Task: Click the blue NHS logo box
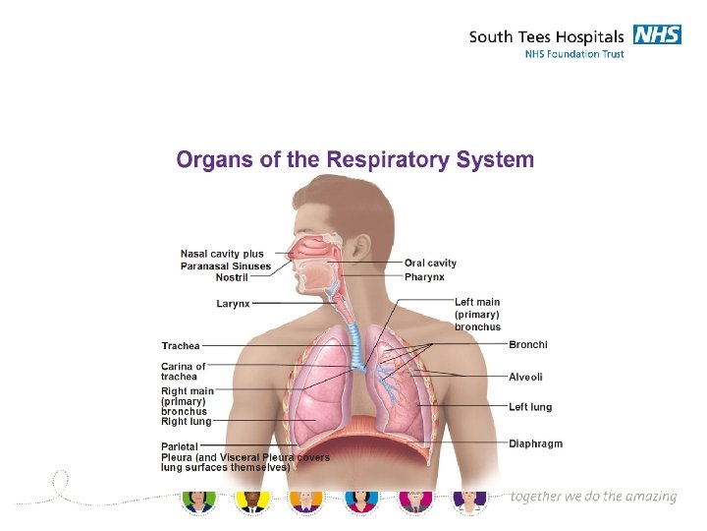pos(657,35)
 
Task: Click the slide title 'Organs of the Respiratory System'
pos(355,159)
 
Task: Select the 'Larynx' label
pos(233,304)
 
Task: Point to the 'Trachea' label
pos(181,345)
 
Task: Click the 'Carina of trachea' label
pos(184,372)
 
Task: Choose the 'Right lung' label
pos(187,421)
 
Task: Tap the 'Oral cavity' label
pos(430,264)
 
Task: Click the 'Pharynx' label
pos(424,276)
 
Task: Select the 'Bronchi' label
pos(528,344)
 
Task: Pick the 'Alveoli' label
pos(525,377)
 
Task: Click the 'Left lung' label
pos(530,406)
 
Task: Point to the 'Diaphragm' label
pos(535,443)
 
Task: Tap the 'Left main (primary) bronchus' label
pos(477,314)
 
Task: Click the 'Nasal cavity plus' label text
pos(222,254)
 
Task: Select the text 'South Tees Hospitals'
pos(546,36)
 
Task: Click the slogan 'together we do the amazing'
pos(593,497)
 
